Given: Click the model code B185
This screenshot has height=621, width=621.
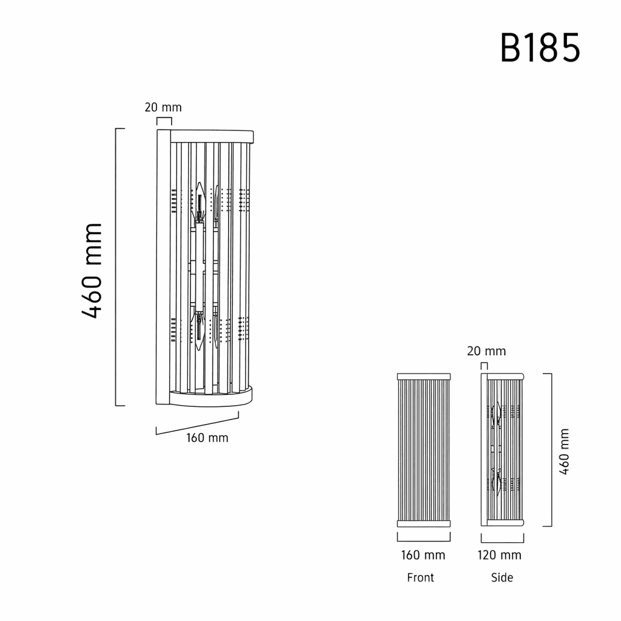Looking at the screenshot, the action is pyautogui.click(x=540, y=48).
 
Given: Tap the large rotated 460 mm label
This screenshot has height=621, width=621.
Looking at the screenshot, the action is pyautogui.click(x=92, y=270).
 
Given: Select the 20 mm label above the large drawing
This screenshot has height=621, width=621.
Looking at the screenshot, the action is pyautogui.click(x=163, y=107).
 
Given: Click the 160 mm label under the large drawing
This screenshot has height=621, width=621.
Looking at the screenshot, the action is pyautogui.click(x=207, y=438).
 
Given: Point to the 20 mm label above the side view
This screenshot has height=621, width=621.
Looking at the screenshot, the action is pyautogui.click(x=486, y=351).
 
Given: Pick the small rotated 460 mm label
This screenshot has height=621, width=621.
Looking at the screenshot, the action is pyautogui.click(x=564, y=451).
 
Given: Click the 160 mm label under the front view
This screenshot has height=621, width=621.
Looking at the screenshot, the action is pyautogui.click(x=423, y=555).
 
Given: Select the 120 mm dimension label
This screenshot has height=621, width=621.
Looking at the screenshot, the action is pyautogui.click(x=499, y=555).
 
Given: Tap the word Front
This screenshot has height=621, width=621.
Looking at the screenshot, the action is pyautogui.click(x=421, y=577).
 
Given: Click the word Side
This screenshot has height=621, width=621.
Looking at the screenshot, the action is pyautogui.click(x=502, y=577).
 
